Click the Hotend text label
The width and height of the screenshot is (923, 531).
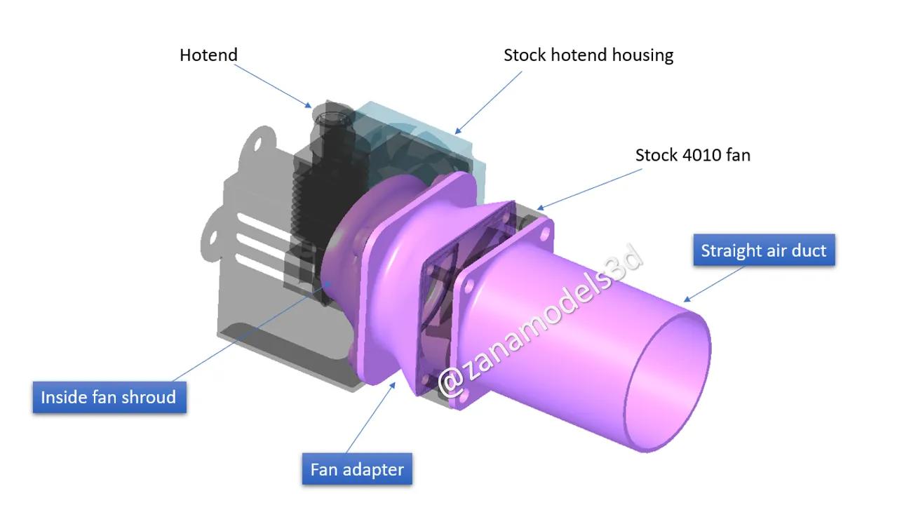click(208, 55)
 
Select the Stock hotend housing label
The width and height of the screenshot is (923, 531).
click(588, 55)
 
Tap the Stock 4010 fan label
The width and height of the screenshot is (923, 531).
click(692, 155)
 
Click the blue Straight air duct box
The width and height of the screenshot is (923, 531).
click(763, 250)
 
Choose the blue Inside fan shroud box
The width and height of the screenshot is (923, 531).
click(108, 397)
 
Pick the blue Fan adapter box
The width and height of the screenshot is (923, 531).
click(356, 469)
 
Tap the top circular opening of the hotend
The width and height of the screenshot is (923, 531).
click(333, 113)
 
